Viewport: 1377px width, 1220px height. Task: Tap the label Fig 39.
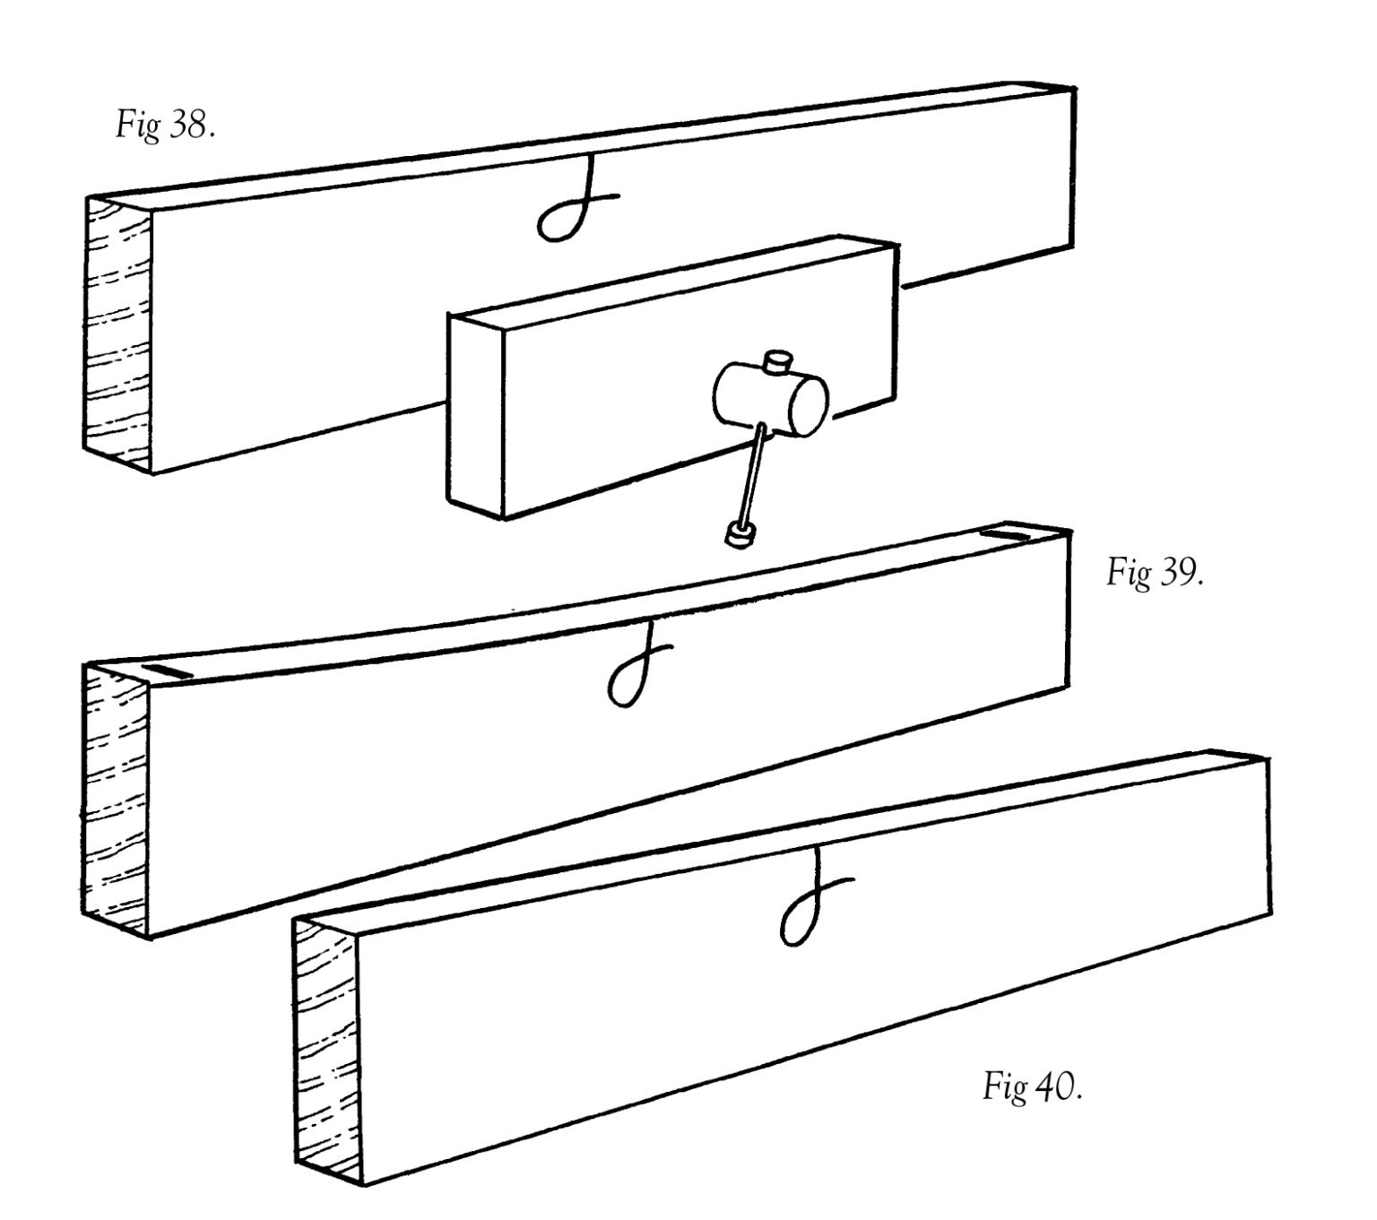(1155, 572)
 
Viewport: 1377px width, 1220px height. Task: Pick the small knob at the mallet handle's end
(739, 534)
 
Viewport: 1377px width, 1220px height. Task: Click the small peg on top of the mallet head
(778, 360)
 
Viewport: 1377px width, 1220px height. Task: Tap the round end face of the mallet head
(808, 406)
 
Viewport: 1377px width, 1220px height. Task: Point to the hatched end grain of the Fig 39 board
(115, 800)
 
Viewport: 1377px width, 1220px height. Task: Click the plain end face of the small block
(476, 415)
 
